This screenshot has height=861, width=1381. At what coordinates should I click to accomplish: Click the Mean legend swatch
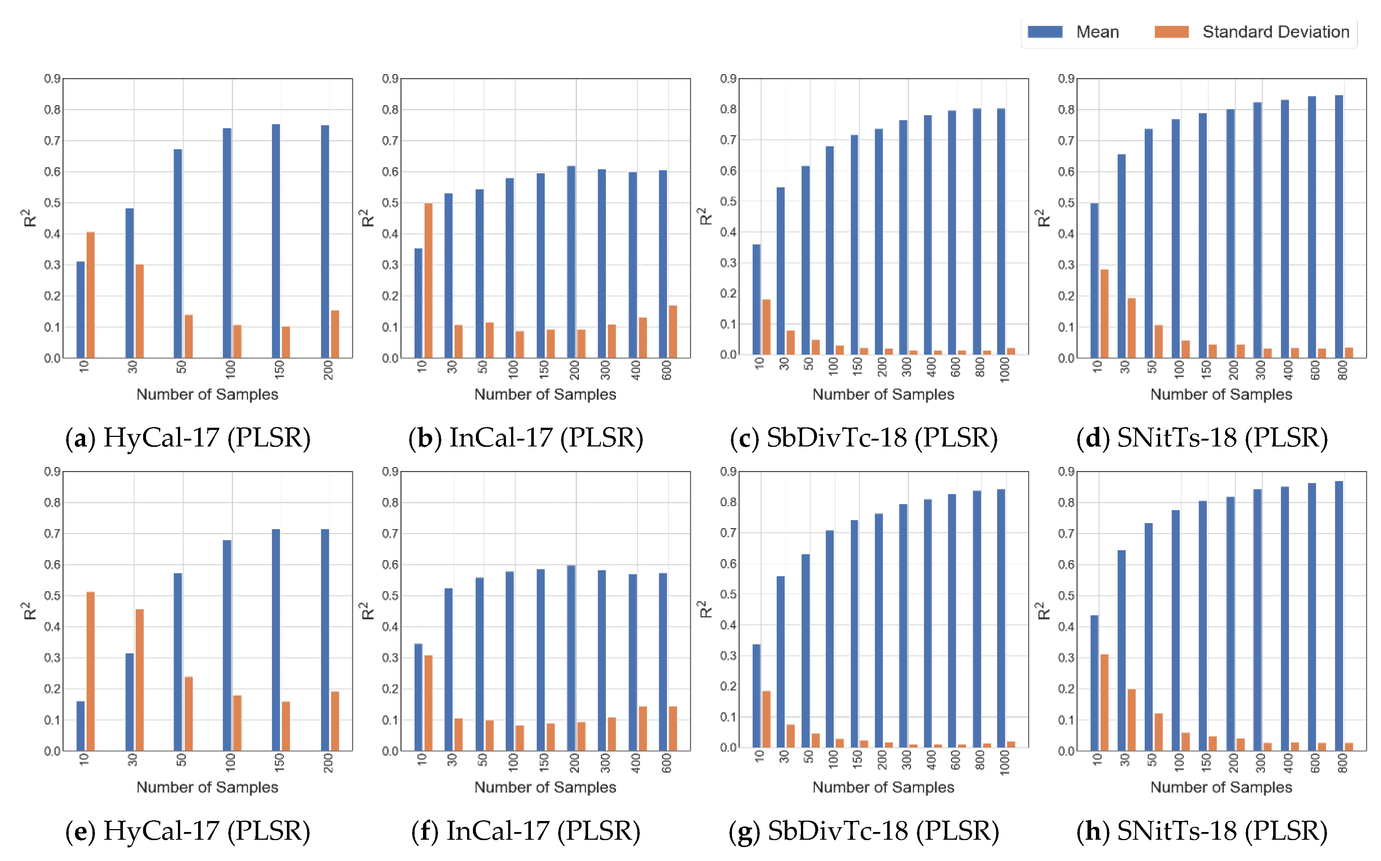click(1045, 32)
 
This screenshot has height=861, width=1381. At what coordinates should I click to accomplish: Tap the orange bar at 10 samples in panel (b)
click(428, 281)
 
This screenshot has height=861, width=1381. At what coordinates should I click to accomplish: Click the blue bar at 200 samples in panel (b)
click(571, 262)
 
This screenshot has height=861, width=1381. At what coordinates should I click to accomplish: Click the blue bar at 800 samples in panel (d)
click(1339, 227)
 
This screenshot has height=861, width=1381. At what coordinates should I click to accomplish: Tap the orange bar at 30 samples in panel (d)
click(1132, 328)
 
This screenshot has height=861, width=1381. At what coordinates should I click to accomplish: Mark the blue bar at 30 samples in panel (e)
click(129, 702)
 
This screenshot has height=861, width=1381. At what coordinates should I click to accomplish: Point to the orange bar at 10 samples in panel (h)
click(1104, 703)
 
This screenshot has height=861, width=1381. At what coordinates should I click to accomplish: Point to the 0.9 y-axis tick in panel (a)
click(52, 79)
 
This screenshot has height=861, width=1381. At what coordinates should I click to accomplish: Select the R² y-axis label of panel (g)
click(705, 610)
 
